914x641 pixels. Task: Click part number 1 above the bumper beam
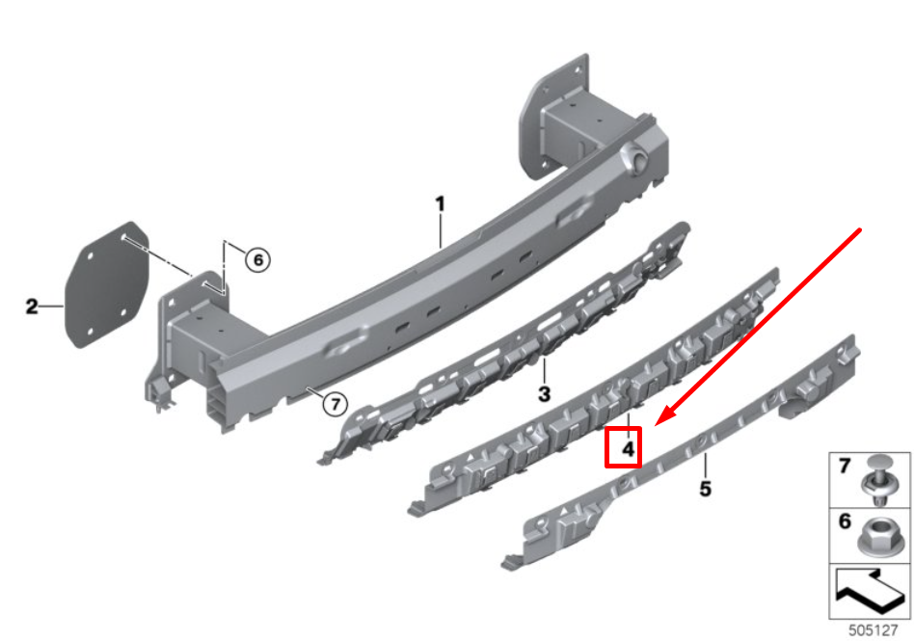(440, 204)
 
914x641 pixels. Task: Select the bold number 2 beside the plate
(32, 307)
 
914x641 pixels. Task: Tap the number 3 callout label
(544, 394)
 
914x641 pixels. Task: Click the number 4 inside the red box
(628, 449)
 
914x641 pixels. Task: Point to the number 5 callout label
(706, 489)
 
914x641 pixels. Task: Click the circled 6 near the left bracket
(257, 259)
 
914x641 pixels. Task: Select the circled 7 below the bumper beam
(335, 404)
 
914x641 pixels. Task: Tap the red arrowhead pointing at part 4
(663, 417)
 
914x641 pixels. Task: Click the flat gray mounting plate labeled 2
(107, 284)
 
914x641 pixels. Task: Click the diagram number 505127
(873, 630)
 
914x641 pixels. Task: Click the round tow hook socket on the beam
(636, 156)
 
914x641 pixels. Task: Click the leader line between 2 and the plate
(51, 306)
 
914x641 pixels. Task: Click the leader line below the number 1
(441, 230)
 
